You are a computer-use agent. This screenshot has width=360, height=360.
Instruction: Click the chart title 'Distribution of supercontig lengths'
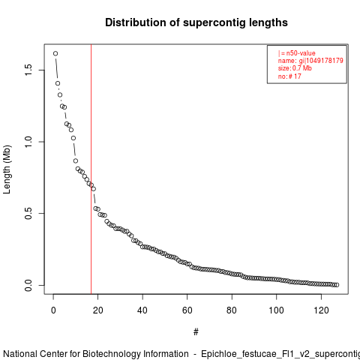tap(196, 22)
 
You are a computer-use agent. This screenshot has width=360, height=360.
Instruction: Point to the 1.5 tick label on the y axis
tap(28, 70)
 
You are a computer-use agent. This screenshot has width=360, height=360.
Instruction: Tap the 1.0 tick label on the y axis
tap(28, 142)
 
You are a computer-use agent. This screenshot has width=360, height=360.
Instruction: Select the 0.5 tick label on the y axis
tap(28, 213)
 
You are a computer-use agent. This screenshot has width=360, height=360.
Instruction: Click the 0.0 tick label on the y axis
tap(28, 285)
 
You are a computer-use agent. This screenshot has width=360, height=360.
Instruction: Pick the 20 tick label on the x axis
tap(97, 310)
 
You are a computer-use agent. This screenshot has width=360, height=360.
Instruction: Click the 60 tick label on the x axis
tap(187, 310)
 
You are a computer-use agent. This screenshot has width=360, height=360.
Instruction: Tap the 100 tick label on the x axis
tap(276, 310)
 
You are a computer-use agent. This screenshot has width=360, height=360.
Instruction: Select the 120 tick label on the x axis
tap(321, 310)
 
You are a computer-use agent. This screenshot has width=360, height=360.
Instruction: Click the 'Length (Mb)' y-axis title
tap(7, 169)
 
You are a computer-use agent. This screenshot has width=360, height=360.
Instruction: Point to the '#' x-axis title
tap(196, 332)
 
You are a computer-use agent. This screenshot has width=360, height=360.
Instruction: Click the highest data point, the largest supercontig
tap(55, 53)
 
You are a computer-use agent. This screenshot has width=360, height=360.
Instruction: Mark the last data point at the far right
tap(337, 285)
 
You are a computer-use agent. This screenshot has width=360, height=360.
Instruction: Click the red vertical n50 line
tap(91, 169)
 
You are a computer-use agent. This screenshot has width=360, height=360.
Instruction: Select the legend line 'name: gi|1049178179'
tap(310, 61)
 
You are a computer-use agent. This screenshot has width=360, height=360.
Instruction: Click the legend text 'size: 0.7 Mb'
tap(295, 68)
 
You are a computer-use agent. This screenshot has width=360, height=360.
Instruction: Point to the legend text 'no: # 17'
tap(289, 76)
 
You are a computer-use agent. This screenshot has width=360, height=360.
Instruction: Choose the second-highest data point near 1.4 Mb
tap(58, 83)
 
